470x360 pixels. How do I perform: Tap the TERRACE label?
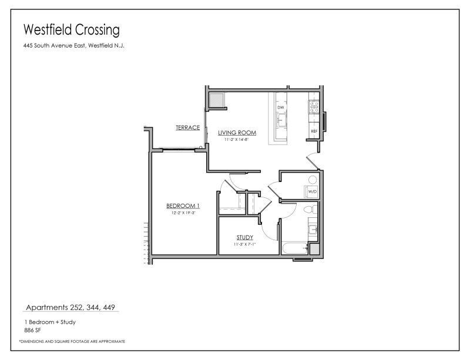(187, 127)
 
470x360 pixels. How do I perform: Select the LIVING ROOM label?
(237, 133)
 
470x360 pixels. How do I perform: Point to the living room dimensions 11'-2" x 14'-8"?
(237, 140)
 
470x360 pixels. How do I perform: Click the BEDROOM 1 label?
(183, 206)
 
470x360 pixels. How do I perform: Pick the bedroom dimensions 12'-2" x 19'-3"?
(183, 213)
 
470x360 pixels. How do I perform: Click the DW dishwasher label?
(281, 108)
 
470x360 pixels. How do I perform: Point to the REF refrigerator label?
(314, 131)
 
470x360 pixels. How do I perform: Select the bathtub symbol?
(294, 249)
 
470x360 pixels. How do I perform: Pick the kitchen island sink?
(281, 122)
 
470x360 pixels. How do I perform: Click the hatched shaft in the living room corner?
(216, 100)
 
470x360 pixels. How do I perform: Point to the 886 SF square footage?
(33, 329)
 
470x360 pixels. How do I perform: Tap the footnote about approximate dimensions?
(72, 341)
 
